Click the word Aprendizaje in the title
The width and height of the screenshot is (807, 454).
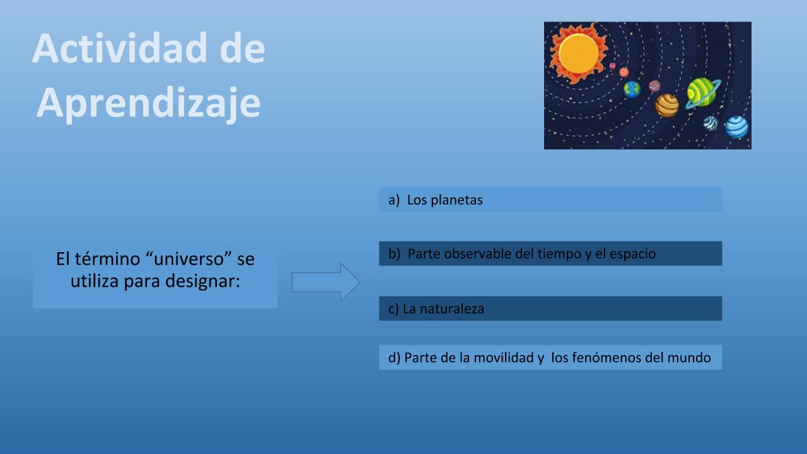tap(148, 103)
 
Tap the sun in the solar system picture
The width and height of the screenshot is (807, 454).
tap(578, 54)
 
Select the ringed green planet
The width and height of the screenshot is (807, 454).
tap(702, 93)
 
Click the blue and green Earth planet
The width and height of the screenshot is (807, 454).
tap(632, 90)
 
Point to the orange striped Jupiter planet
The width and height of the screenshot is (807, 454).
tap(667, 105)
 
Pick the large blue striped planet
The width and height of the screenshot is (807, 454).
tap(737, 127)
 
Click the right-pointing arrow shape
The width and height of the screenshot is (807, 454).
tap(326, 282)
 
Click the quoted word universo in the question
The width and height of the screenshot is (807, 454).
tap(189, 259)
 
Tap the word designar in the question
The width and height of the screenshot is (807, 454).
tap(202, 281)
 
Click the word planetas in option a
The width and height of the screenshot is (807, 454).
tap(456, 200)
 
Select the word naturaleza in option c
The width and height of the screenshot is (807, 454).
tap(452, 309)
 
